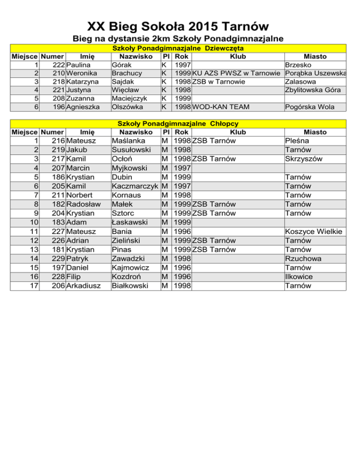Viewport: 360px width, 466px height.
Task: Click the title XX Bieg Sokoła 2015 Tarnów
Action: click(180, 25)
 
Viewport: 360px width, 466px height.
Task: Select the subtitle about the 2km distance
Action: click(180, 38)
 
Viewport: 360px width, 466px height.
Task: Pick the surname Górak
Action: click(121, 65)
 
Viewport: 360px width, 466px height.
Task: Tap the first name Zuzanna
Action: click(82, 98)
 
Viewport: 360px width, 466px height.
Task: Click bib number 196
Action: click(58, 107)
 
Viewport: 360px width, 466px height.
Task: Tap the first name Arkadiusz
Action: click(86, 286)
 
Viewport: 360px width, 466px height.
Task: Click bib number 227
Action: click(58, 232)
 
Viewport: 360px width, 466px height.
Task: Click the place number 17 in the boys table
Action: click(33, 286)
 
